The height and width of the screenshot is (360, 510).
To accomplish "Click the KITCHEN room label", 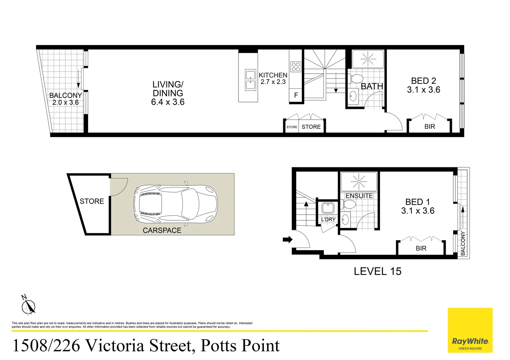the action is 273,75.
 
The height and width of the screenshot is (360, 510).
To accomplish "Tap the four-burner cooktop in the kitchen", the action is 296,67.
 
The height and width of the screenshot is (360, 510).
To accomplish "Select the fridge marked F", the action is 296,95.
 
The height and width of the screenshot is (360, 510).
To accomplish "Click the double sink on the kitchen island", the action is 250,80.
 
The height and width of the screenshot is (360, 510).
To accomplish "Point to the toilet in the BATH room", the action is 356,79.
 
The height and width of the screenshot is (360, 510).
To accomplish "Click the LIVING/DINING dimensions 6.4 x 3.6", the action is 168,102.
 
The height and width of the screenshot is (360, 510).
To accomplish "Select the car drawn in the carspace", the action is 175,204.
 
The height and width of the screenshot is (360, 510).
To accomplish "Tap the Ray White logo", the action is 470,330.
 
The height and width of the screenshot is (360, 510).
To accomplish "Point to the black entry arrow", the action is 288,239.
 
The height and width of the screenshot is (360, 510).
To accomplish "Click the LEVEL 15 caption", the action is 378,271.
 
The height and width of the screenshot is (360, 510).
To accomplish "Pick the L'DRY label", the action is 328,219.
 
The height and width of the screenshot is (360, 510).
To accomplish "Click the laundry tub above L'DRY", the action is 328,208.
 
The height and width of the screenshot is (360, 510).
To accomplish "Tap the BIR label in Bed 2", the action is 430,127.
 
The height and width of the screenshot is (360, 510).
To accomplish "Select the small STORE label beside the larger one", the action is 292,127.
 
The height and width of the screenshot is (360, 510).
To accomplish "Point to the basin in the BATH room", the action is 353,96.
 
